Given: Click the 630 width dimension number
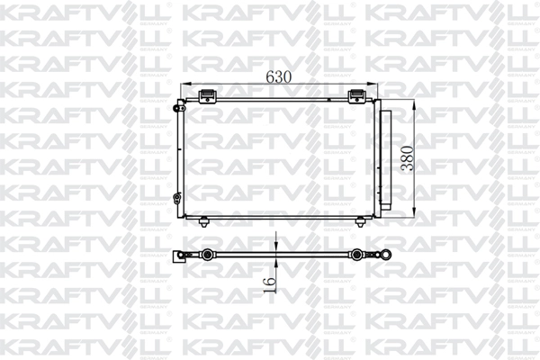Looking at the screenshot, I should (279, 77).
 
